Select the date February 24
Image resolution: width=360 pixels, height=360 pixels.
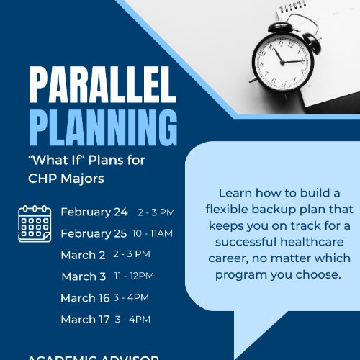tap(94, 212)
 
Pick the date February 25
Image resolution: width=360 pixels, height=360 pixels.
tap(94, 233)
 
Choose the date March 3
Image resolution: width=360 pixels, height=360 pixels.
tap(84, 276)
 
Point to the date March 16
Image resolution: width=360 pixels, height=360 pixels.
tap(85, 298)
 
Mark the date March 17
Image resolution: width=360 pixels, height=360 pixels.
tap(85, 320)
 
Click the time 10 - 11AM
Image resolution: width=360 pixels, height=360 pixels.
tap(153, 233)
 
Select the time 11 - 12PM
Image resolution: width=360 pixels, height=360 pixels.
tap(134, 276)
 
